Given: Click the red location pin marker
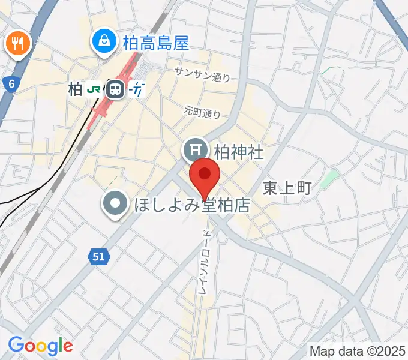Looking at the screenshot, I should pos(205,176).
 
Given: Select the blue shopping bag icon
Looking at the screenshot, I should pos(105,41).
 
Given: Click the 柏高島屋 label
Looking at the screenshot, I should pos(155,43).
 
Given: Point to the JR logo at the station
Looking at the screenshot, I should pos(94,90).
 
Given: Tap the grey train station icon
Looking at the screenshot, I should pos(114,90).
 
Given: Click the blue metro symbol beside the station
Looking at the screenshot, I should pos(137,90).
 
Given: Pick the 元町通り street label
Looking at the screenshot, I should pos(202,112).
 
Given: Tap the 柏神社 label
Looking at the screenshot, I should pos(239,151).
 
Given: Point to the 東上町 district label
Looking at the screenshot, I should pos(287,188).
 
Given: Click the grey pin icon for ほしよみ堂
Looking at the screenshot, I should pos(115,203).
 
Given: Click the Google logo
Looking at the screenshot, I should pos(40,346).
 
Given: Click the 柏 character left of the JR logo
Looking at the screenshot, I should pos(75,90).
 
